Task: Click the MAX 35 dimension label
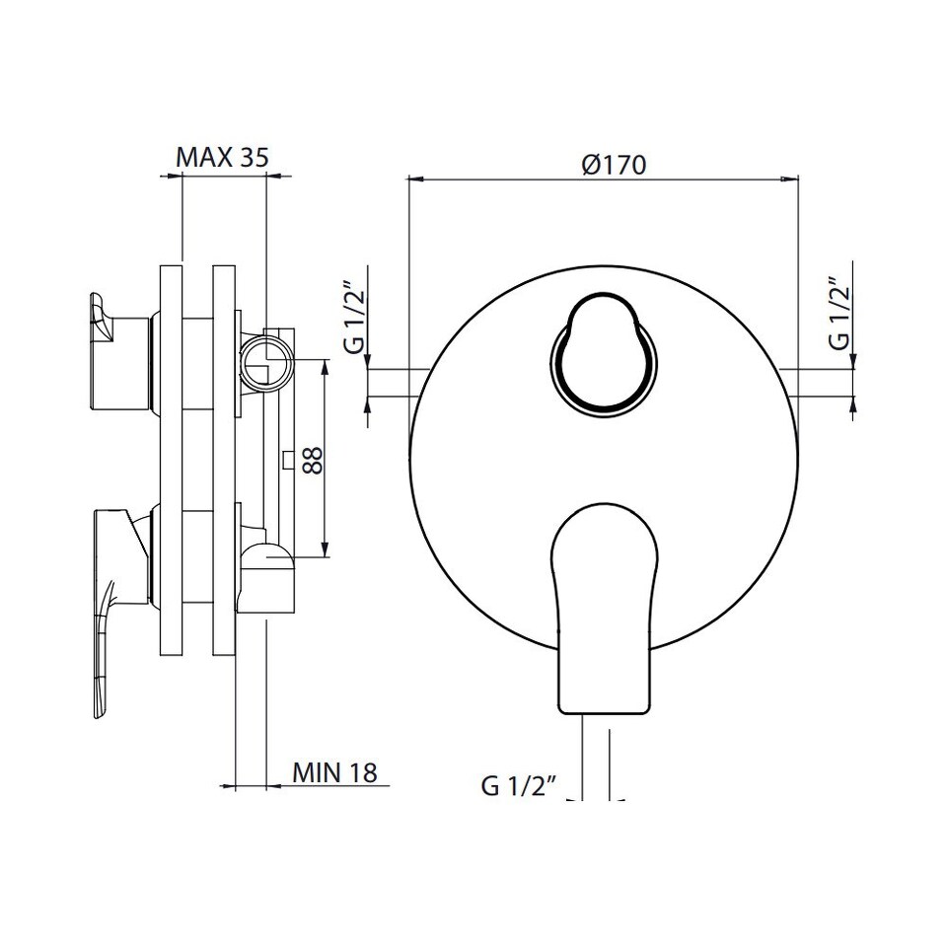222,157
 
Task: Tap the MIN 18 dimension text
334,771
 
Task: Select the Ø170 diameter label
615,165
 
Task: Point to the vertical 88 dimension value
313,461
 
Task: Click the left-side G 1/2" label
354,317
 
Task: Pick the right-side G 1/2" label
839,314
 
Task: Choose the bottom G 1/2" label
518,785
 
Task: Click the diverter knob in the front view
604,354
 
